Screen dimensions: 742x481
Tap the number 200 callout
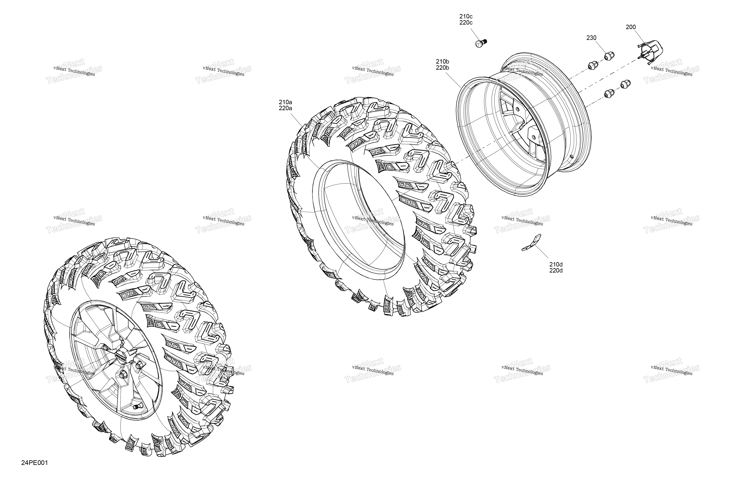(x=631, y=27)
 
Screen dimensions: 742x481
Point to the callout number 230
(x=591, y=38)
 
